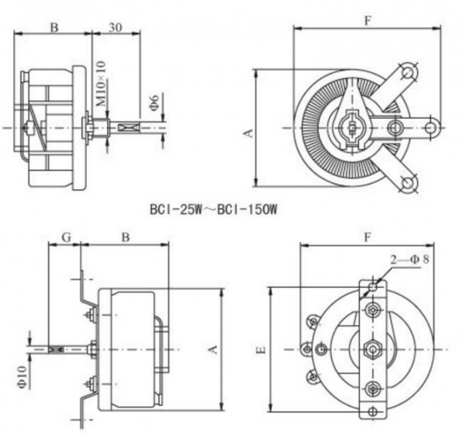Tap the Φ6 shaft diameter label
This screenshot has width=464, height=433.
pos(155,102)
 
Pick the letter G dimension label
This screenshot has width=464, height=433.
pos(66,237)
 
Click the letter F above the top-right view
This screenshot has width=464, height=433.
pos(367,20)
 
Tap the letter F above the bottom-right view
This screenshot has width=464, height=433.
pos(368,237)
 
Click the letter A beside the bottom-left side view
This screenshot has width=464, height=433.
pos(212,348)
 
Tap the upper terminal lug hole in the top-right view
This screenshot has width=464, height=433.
pos(409,72)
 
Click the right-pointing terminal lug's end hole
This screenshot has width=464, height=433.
pos(431,127)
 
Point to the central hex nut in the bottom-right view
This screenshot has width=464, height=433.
pos(372,348)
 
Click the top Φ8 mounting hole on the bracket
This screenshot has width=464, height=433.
pos(372,286)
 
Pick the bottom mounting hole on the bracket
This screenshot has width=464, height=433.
pos(372,412)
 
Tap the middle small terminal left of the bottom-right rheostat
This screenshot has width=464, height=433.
pos(306,348)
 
